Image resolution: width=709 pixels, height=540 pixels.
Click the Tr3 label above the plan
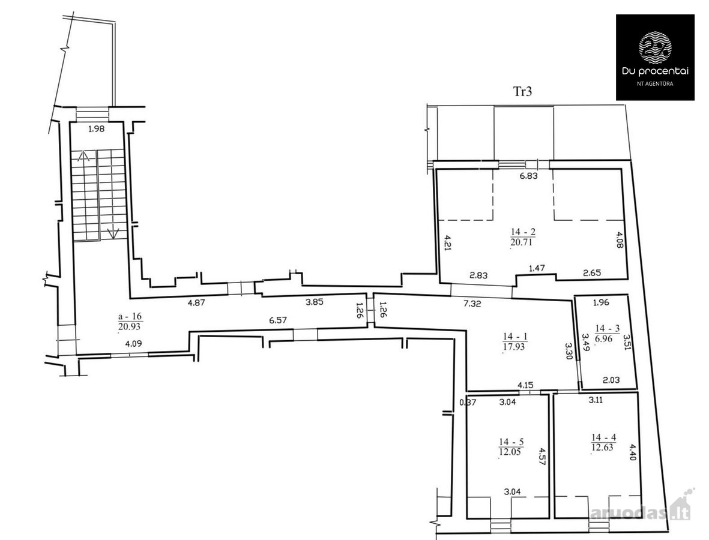pyautogui.click(x=522, y=92)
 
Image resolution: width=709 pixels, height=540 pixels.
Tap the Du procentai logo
pyautogui.click(x=655, y=57)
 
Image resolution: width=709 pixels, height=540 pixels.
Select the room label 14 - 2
pyautogui.click(x=523, y=232)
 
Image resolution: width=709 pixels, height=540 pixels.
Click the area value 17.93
pyautogui.click(x=514, y=347)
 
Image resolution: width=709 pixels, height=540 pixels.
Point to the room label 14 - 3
pyautogui.click(x=608, y=328)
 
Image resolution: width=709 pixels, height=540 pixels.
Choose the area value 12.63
pyautogui.click(x=602, y=448)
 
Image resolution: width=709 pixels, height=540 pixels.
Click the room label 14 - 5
pyautogui.click(x=511, y=442)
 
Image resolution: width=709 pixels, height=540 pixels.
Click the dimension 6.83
pyautogui.click(x=528, y=176)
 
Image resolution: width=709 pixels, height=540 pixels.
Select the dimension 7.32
pyautogui.click(x=472, y=304)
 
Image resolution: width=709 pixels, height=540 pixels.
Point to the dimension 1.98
pyautogui.click(x=96, y=129)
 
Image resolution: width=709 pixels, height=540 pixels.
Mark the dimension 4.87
pyautogui.click(x=197, y=303)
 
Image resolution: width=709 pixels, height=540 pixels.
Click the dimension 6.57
pyautogui.click(x=278, y=320)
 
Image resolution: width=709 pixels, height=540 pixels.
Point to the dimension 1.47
pyautogui.click(x=537, y=268)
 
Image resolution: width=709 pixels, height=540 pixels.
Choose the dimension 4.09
pyautogui.click(x=133, y=343)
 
